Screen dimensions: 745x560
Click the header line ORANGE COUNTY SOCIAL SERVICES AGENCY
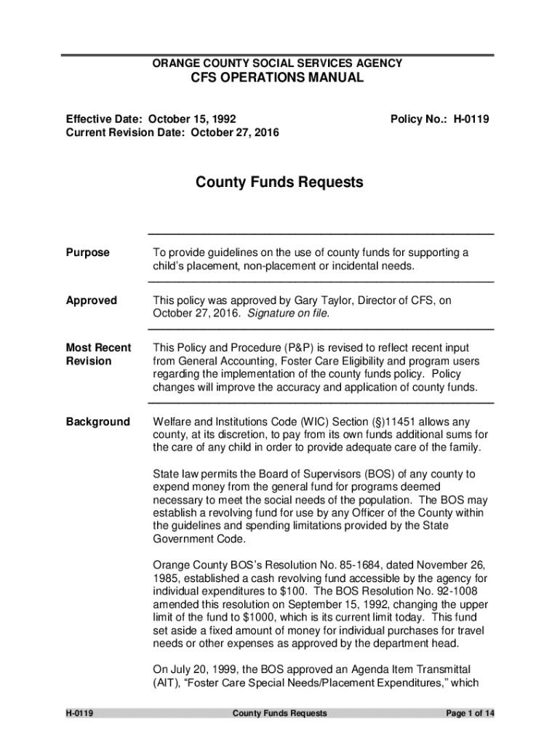coord(276,64)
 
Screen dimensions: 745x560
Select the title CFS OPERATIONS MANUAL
coord(276,79)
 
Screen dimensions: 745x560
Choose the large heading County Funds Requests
coord(279,183)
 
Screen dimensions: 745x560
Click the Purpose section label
coord(88,252)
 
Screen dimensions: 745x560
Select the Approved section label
coord(91,300)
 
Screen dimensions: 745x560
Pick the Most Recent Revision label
coord(98,354)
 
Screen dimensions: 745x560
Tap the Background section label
coord(98,422)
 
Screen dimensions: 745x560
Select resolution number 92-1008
coord(455,591)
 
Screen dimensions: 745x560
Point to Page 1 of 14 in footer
coord(471,714)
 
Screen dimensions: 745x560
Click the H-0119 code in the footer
coord(81,714)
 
